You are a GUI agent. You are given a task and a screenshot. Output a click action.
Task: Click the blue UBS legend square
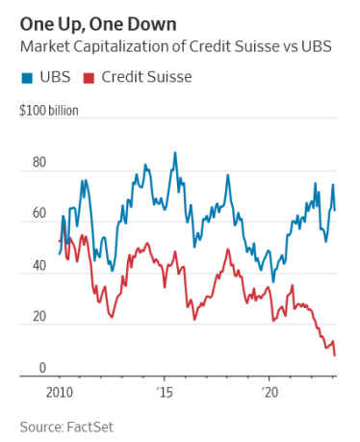24,77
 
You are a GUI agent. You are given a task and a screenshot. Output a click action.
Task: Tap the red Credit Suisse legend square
90,77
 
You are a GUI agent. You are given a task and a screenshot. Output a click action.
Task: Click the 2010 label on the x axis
60,394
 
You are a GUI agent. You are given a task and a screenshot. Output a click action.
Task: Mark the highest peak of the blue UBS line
174,152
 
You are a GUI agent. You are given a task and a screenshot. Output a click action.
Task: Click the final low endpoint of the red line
335,355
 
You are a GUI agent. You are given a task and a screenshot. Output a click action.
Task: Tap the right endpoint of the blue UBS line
335,209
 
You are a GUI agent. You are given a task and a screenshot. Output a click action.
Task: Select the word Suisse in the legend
169,77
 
